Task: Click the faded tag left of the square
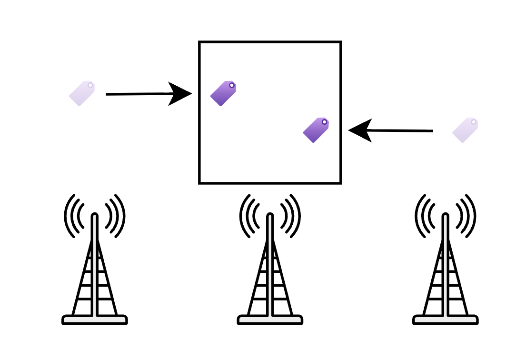(x=82, y=93)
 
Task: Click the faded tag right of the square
(x=465, y=130)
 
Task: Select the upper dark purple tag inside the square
(x=223, y=93)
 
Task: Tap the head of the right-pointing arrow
(x=181, y=94)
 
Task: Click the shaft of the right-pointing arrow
(x=138, y=94)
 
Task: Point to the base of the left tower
(x=95, y=320)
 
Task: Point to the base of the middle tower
(x=270, y=320)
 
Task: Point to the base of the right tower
(x=445, y=320)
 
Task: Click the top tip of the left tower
(x=95, y=216)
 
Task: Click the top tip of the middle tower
(x=270, y=216)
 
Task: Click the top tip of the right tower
(x=445, y=216)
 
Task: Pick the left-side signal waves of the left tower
(x=74, y=216)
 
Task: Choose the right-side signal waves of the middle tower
(x=291, y=216)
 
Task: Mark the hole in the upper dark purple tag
(x=232, y=86)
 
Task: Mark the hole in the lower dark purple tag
(x=325, y=122)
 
